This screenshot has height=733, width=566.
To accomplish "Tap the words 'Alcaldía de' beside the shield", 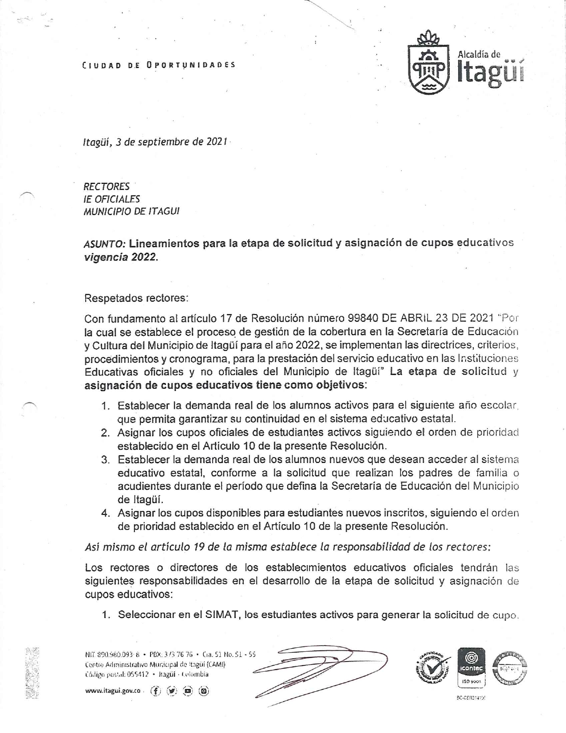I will tap(479, 54).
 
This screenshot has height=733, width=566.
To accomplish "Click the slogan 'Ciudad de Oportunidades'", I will tap(159, 65).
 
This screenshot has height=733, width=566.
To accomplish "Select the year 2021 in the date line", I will tap(218, 142).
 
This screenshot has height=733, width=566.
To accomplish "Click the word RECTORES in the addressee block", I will tap(107, 186).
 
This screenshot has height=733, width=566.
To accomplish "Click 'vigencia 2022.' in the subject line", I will tap(121, 258).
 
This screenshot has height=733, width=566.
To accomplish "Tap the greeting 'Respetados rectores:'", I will tap(136, 298).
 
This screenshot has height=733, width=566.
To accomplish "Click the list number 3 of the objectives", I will tap(105, 459).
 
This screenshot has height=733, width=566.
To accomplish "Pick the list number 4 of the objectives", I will tap(105, 513).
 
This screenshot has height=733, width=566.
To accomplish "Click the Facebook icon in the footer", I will tap(156, 691).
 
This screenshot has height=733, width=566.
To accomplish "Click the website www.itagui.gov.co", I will tap(113, 691).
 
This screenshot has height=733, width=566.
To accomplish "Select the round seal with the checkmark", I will tap(433, 669).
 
